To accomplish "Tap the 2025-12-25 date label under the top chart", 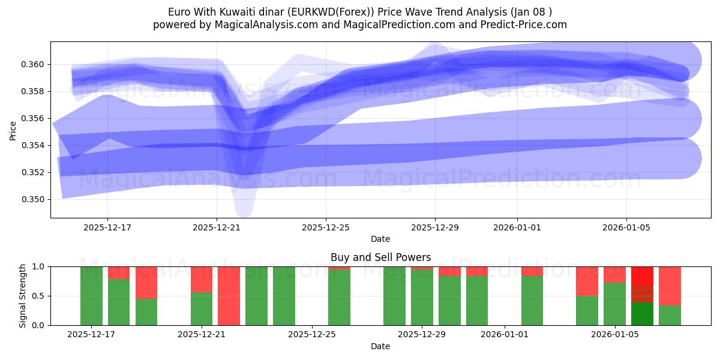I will click(x=326, y=227).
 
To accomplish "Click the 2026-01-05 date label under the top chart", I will click(x=626, y=227).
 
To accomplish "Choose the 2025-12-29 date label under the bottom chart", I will click(x=422, y=334).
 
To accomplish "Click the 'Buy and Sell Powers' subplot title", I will click(x=380, y=257).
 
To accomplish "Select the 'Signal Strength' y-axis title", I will click(x=22, y=296).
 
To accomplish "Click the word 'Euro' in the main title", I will click(x=179, y=11).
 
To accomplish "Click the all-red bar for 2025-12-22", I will click(x=229, y=296).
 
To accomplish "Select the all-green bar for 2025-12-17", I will click(x=91, y=296).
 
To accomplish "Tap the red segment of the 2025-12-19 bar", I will click(x=146, y=282).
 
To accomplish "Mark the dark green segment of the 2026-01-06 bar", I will click(x=642, y=313).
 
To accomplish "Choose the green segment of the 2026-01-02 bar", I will click(x=532, y=300).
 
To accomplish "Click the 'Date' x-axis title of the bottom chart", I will click(x=380, y=346).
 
